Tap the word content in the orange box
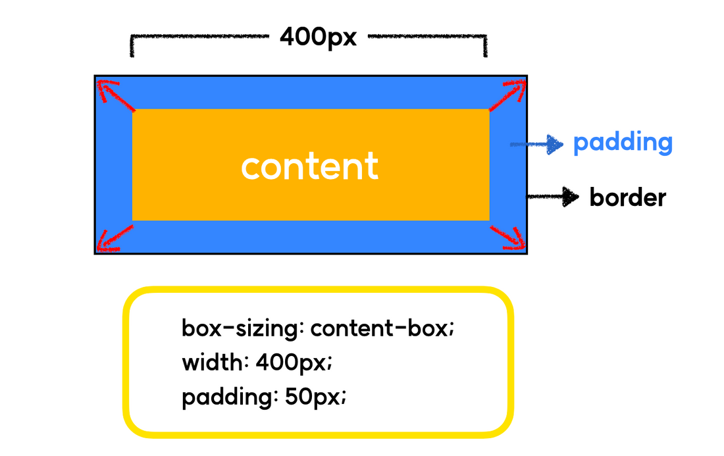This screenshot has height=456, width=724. [x=309, y=166]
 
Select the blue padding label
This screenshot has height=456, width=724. [x=623, y=143]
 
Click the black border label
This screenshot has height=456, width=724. [x=627, y=197]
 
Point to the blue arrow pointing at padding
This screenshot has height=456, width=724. [x=536, y=143]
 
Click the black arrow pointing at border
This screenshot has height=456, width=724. [x=552, y=196]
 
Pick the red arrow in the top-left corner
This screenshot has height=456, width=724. [x=115, y=95]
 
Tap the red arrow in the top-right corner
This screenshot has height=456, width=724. [x=508, y=95]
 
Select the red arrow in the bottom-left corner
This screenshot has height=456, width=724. [x=115, y=238]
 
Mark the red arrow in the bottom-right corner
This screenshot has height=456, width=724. [x=507, y=238]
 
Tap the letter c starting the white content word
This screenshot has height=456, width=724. [x=251, y=168]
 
